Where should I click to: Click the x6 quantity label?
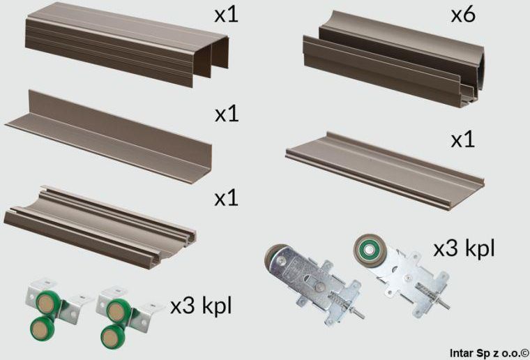pos(462,15)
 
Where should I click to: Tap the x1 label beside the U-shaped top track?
pos(226,15)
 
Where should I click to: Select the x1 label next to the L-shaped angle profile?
pos(226,114)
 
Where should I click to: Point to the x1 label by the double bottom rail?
pos(226,197)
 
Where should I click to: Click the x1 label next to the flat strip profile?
pos(462,140)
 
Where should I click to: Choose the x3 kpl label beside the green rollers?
pos(202,306)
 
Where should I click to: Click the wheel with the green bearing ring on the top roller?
pos(367,249)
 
